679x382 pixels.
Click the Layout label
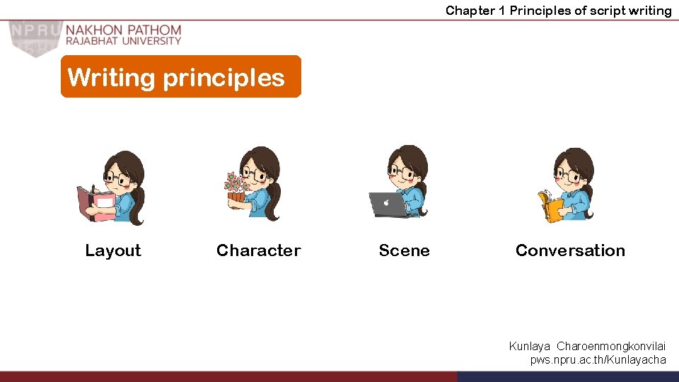(x=113, y=250)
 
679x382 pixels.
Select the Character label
(x=258, y=250)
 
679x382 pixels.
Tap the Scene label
(x=404, y=250)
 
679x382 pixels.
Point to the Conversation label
(x=570, y=250)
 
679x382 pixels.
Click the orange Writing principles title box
(x=180, y=76)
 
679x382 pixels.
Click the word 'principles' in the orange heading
(x=224, y=78)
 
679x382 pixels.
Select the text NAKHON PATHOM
(x=124, y=30)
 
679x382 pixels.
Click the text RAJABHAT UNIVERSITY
(x=124, y=41)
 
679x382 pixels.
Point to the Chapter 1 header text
(x=558, y=10)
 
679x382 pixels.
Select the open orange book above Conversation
(x=550, y=207)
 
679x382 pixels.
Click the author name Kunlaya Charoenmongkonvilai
(x=587, y=346)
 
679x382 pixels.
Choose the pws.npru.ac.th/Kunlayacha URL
(x=598, y=359)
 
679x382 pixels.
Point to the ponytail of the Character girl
(x=272, y=202)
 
